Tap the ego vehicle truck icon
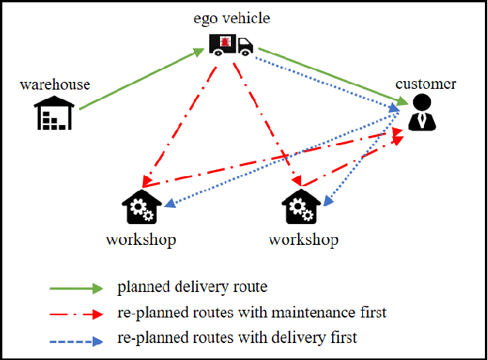coord(231,44)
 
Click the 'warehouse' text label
coord(55,84)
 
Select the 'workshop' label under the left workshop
coord(141,239)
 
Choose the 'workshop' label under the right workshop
coord(303,239)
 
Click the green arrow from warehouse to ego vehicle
coord(139,80)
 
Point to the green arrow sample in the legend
coord(76,288)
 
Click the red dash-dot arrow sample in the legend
coord(76,314)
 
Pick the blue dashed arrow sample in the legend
coord(76,338)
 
